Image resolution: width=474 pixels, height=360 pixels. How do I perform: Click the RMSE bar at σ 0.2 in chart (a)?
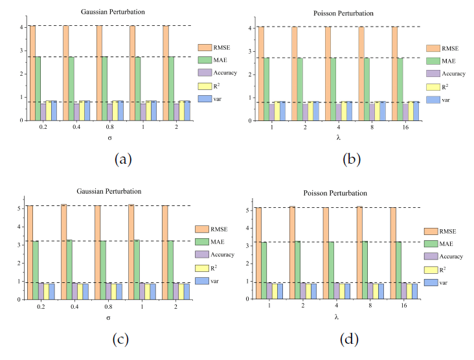(x=32, y=73)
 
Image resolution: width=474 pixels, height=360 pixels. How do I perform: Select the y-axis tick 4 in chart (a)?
(x=22, y=27)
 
